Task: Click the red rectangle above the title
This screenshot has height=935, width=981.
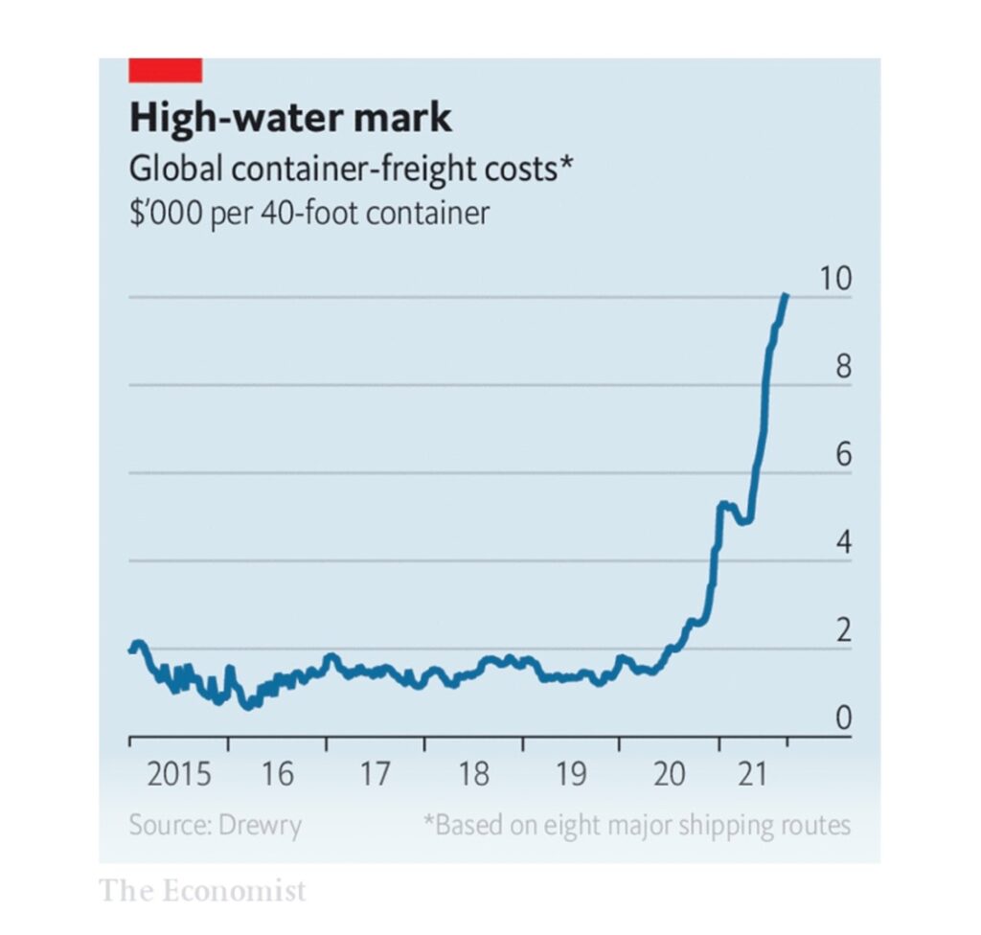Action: pos(165,70)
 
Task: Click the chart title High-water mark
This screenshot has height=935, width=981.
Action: pos(289,119)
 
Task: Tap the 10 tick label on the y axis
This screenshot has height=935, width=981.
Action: pos(835,279)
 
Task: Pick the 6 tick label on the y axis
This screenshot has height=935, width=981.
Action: pos(843,455)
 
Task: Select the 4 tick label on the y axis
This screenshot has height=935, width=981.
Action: pos(843,543)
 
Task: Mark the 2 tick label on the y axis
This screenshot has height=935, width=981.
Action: pos(843,631)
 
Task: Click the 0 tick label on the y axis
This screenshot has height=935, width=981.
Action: pos(843,718)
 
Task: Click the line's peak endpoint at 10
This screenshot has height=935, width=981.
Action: pos(786,296)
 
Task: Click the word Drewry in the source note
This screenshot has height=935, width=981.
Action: pos(262,825)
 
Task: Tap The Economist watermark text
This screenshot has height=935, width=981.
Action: pos(202,891)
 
